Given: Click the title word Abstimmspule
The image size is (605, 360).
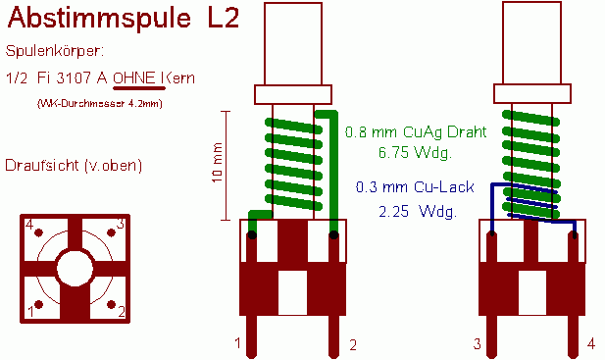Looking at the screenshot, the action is pos(99,18).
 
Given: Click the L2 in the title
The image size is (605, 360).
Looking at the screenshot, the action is pos(224,17).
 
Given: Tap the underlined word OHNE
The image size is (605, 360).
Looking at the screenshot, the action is pos(134,77).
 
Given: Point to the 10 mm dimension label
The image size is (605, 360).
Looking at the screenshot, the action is pos(218,163).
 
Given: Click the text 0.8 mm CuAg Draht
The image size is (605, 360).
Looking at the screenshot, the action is pos(416,132).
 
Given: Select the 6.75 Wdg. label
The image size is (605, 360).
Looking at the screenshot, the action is pos(415,152).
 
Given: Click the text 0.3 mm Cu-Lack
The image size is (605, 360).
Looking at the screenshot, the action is pos(415,187).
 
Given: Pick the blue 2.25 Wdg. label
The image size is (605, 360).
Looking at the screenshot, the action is pos(418,212).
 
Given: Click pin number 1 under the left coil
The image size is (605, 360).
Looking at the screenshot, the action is pos(237,342).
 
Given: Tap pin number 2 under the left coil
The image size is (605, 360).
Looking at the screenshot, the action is pos(353,345).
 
